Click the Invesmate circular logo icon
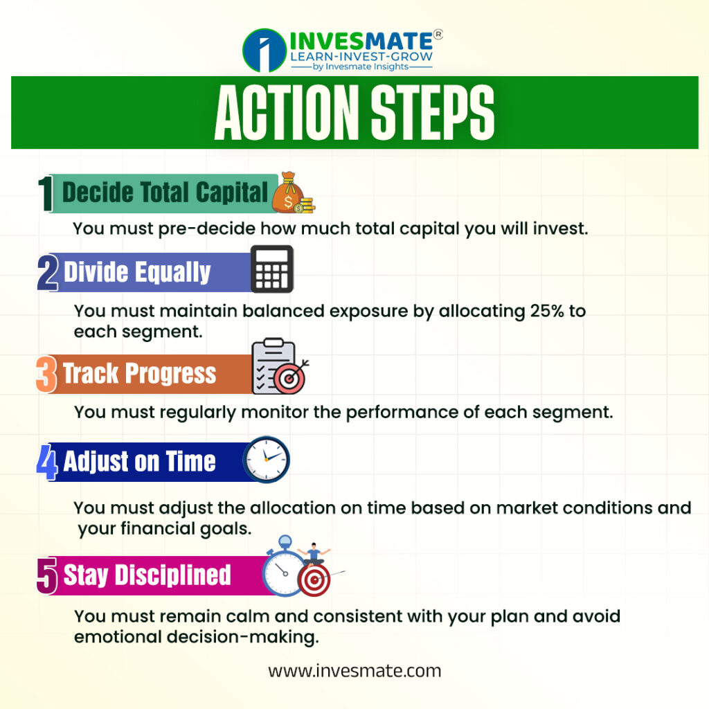point(264,50)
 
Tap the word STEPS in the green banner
point(433,112)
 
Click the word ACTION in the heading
point(287,112)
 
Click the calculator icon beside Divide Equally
point(272,269)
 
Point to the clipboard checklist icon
point(274,366)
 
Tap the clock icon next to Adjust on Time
point(267,460)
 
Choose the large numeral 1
point(46,194)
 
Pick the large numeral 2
point(48,272)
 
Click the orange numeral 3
point(46,374)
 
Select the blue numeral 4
point(47,462)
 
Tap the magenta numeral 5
point(47,575)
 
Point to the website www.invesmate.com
point(354,670)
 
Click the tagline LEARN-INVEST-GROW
point(361,57)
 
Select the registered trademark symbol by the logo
point(438,35)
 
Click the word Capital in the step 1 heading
point(232,192)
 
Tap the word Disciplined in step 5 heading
point(172,575)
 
